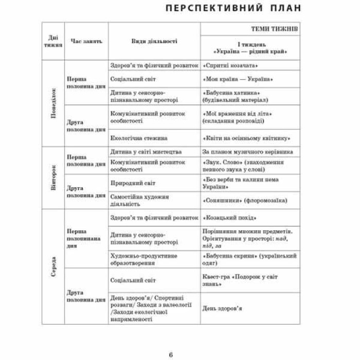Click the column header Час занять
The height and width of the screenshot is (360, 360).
pos(87,41)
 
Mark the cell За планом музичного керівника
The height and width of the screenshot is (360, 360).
pos(248,152)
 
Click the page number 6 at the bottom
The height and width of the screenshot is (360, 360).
pos(171,339)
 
